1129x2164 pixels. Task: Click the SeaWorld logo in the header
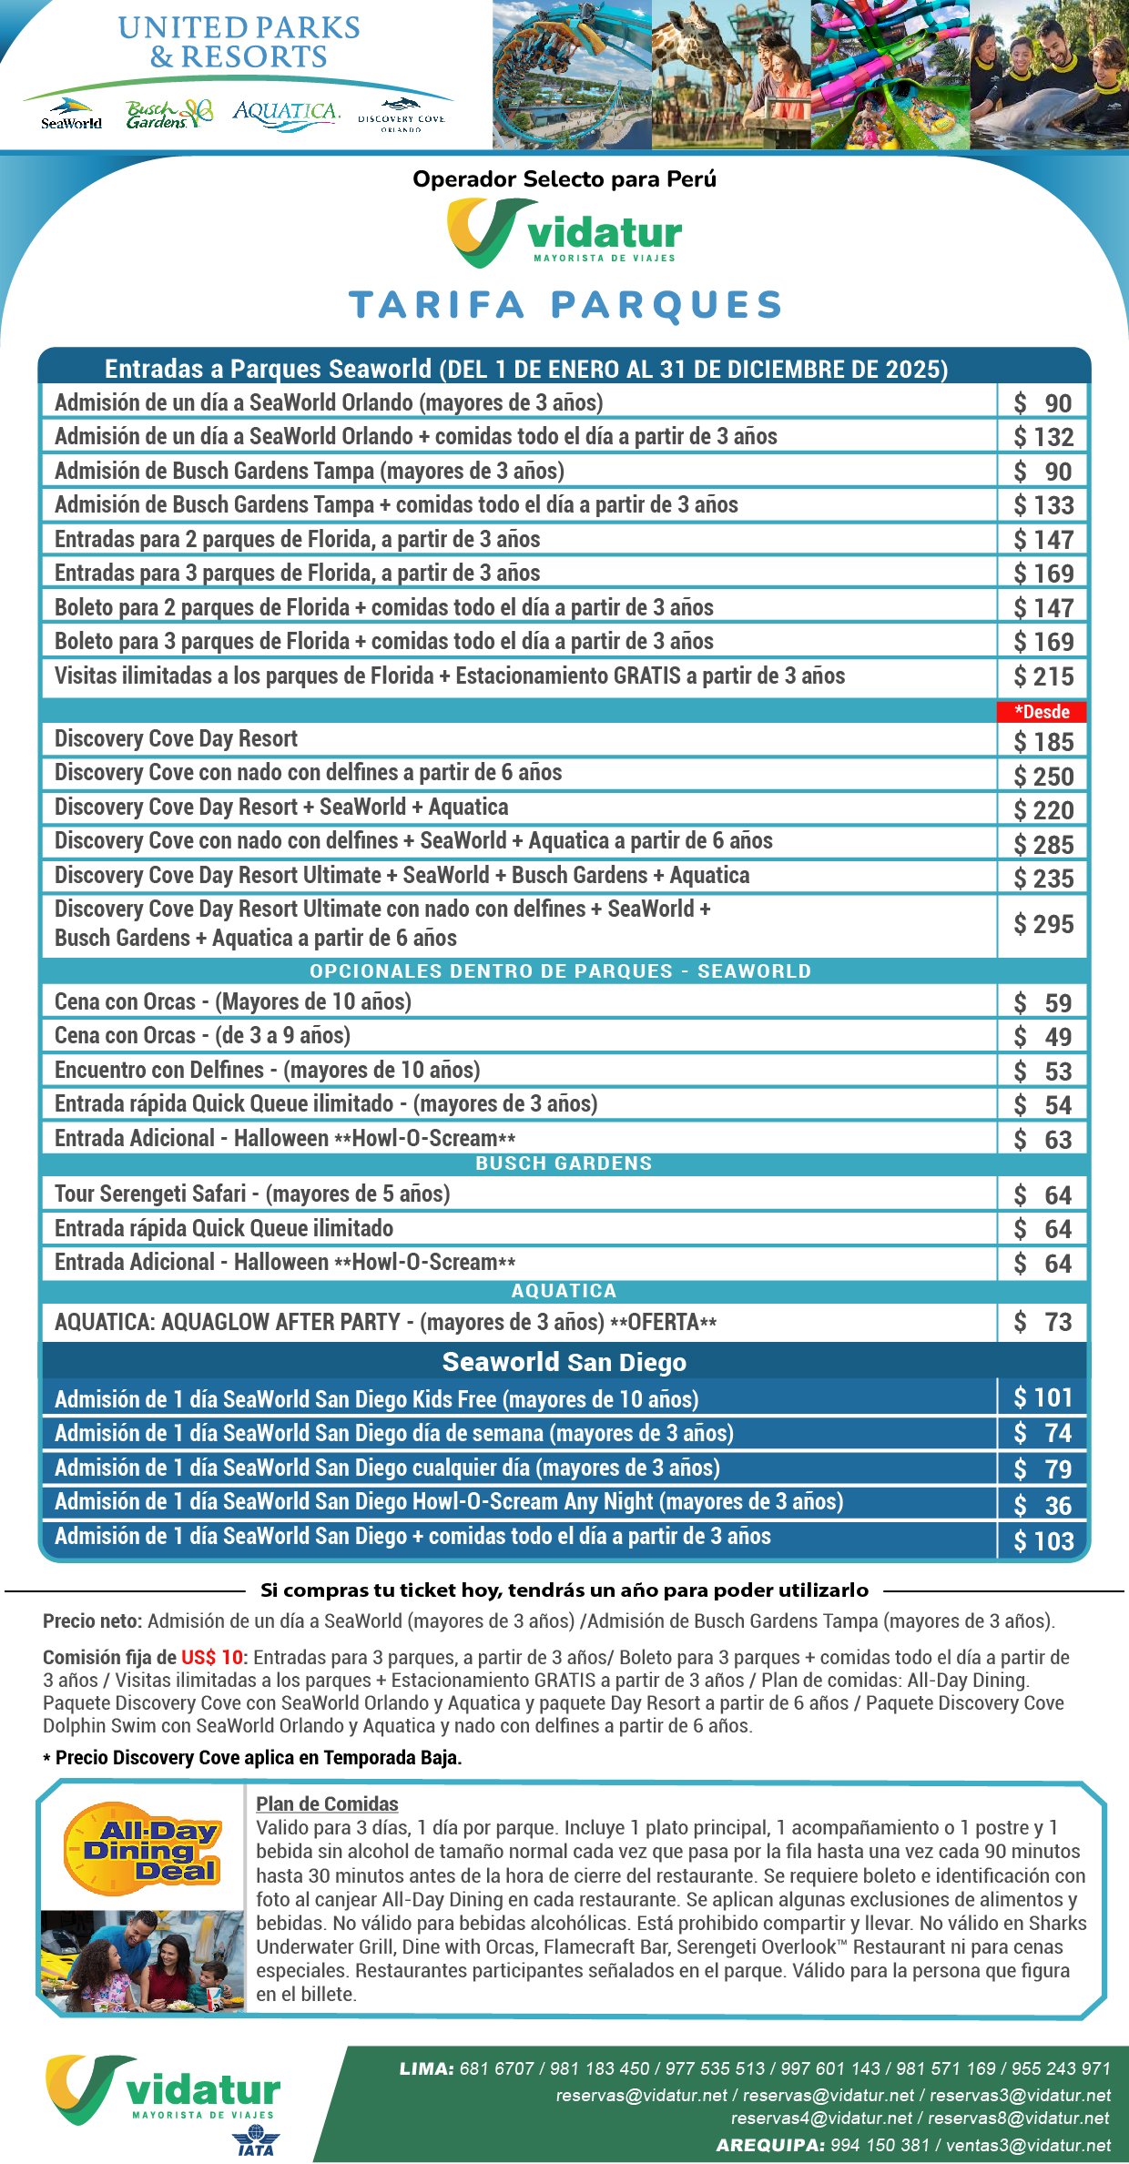[71, 114]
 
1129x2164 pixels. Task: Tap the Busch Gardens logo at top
[168, 114]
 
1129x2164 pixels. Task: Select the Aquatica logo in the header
[286, 114]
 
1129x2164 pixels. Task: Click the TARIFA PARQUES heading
[564, 305]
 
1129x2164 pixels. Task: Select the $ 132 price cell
[1043, 437]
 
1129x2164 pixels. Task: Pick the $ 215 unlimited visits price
[1043, 676]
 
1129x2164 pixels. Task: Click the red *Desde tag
[1042, 712]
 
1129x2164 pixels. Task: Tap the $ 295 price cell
[1043, 924]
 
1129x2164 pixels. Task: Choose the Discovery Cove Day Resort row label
[177, 738]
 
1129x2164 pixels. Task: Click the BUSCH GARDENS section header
[564, 1163]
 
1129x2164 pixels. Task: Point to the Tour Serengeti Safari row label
[252, 1194]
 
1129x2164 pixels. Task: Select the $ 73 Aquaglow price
[1043, 1322]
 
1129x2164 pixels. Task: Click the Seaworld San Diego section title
[564, 1362]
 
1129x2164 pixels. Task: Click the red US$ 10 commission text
[213, 1657]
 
